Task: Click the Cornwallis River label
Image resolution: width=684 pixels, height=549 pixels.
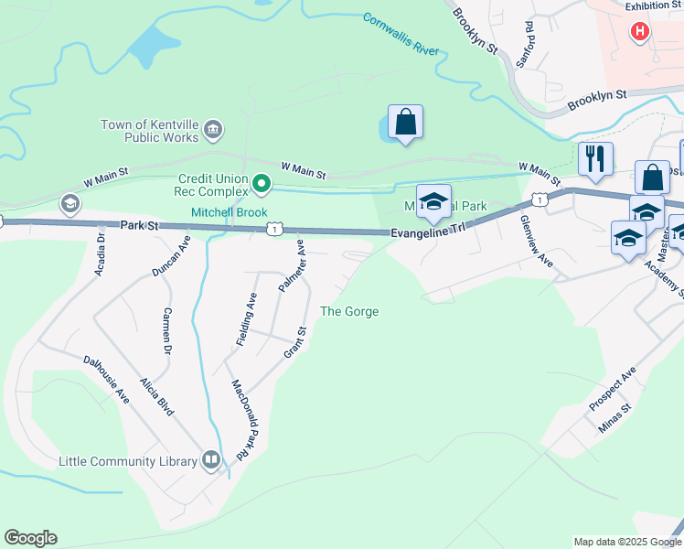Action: pyautogui.click(x=401, y=35)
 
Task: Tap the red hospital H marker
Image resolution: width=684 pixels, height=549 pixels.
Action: pyautogui.click(x=640, y=32)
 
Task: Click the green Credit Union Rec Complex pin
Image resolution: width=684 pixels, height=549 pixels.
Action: pyautogui.click(x=262, y=185)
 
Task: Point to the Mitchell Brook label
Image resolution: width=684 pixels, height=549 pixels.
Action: pyautogui.click(x=229, y=212)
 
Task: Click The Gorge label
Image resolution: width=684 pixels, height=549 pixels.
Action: pyautogui.click(x=349, y=312)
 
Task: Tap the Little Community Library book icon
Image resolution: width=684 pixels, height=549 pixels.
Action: pyautogui.click(x=211, y=460)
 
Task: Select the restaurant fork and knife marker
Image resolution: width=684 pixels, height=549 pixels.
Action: pyautogui.click(x=596, y=159)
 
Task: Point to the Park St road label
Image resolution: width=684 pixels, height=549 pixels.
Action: pyautogui.click(x=139, y=224)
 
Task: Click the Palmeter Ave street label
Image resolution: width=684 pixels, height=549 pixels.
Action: pyautogui.click(x=292, y=265)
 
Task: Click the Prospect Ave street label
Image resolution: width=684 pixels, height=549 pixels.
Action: pyautogui.click(x=613, y=388)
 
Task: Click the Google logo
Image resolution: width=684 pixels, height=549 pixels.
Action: pyautogui.click(x=30, y=538)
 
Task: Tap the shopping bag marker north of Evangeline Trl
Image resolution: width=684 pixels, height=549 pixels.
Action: pyautogui.click(x=405, y=122)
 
